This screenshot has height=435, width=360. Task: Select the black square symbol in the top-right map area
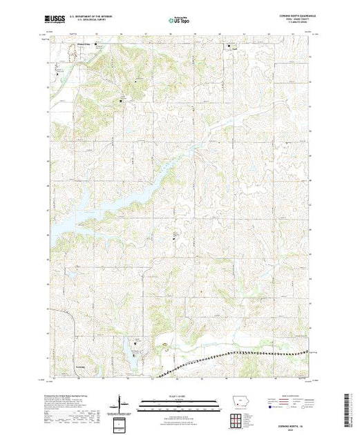point(230,46)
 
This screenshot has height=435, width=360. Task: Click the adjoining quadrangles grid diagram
point(237,418)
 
